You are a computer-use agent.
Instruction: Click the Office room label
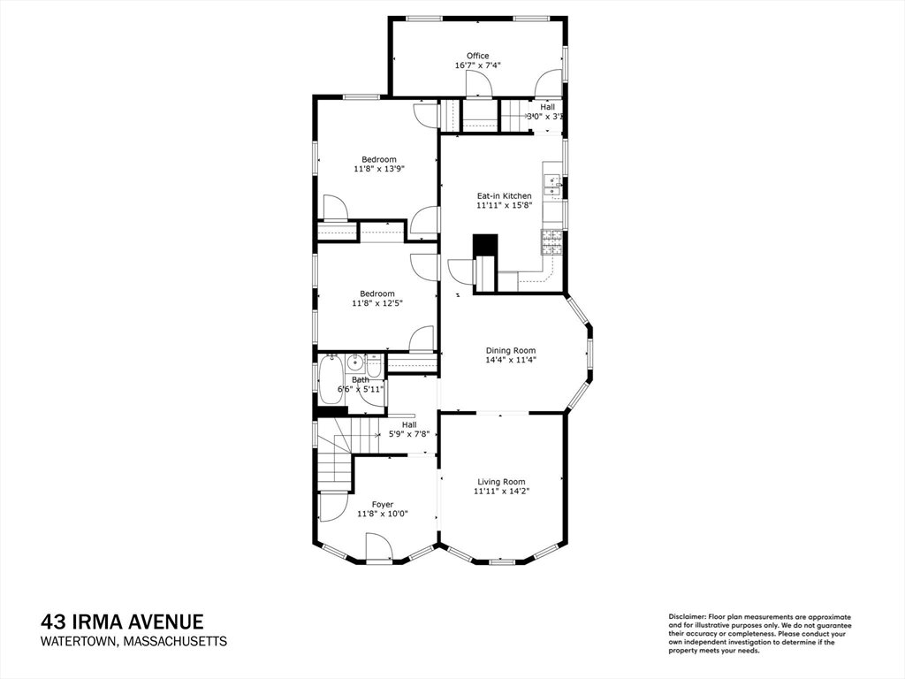478,56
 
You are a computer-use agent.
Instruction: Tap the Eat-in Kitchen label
504,195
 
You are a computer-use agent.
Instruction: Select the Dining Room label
511,350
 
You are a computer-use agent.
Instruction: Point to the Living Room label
502,482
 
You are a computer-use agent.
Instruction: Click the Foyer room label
383,505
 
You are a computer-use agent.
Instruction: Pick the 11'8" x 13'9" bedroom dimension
379,169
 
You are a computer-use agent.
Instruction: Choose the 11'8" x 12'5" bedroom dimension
377,302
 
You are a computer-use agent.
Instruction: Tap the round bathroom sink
354,363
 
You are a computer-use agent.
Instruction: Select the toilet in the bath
374,366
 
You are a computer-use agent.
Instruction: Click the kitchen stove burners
551,242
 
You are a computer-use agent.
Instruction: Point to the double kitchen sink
552,187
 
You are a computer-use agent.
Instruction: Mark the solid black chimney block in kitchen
485,245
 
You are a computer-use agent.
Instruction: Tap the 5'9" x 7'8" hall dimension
409,433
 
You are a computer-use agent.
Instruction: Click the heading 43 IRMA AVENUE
122,622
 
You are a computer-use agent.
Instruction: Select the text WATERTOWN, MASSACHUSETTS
134,642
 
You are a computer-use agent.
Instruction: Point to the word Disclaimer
687,617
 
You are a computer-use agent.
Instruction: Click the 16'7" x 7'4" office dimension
478,65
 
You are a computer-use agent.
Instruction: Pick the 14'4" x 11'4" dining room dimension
511,360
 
